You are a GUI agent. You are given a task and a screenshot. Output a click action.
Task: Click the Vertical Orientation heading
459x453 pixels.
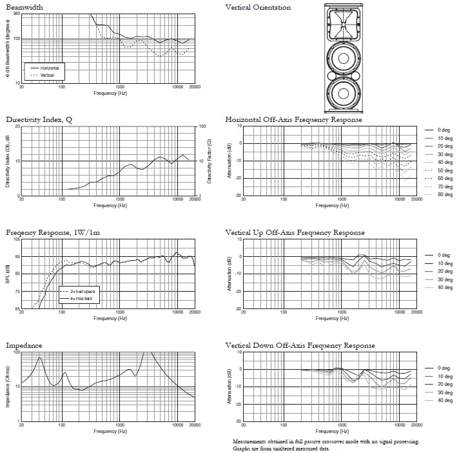(x=258, y=7)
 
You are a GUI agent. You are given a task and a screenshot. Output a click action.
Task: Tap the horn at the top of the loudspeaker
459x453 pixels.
(x=344, y=24)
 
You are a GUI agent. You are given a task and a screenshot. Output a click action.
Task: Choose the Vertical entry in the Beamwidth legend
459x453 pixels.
(x=47, y=75)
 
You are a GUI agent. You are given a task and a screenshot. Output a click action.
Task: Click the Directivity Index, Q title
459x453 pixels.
(x=39, y=120)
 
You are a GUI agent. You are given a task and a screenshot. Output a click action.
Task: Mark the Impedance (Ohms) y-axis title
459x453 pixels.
(x=8, y=386)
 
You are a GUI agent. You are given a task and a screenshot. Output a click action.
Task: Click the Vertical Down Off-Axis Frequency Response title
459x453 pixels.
(x=300, y=345)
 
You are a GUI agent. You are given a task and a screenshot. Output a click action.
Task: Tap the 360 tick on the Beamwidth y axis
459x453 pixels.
(x=17, y=14)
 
